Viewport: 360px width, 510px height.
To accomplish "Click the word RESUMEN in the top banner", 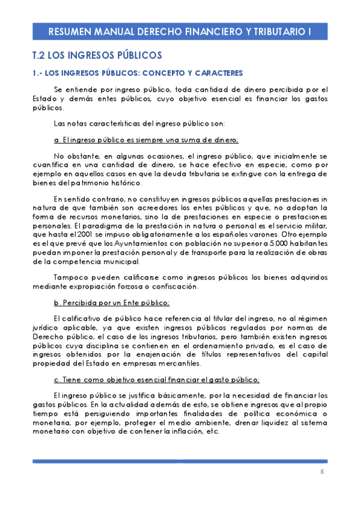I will [68, 32].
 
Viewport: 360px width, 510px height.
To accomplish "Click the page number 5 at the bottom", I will [322, 472].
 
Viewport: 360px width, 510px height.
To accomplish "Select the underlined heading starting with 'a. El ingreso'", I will [146, 140].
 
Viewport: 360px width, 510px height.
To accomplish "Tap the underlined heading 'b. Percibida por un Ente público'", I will [112, 302].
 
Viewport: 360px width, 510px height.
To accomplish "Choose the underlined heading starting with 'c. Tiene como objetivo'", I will [156, 379].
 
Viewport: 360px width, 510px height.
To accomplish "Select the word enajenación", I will [168, 355].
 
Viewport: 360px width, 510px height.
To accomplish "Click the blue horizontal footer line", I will [180, 461].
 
